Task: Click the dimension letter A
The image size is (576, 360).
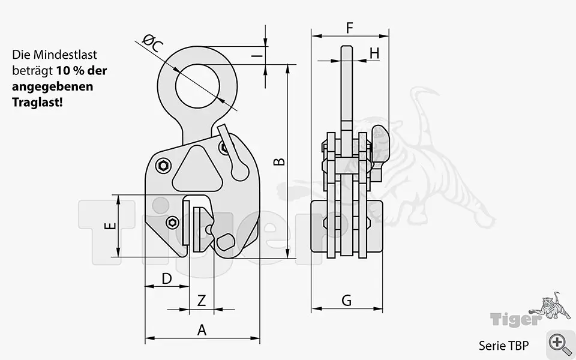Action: point(202,329)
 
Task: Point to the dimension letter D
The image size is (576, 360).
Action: point(167,278)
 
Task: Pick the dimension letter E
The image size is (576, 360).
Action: point(109,226)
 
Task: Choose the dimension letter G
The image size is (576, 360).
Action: point(346,301)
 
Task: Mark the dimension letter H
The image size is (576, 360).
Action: point(374,53)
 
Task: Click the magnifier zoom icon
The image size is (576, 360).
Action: point(560,343)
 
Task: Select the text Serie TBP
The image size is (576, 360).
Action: point(503,346)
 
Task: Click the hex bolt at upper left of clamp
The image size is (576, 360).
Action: point(163,166)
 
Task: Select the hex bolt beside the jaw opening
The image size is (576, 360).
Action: point(173,223)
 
